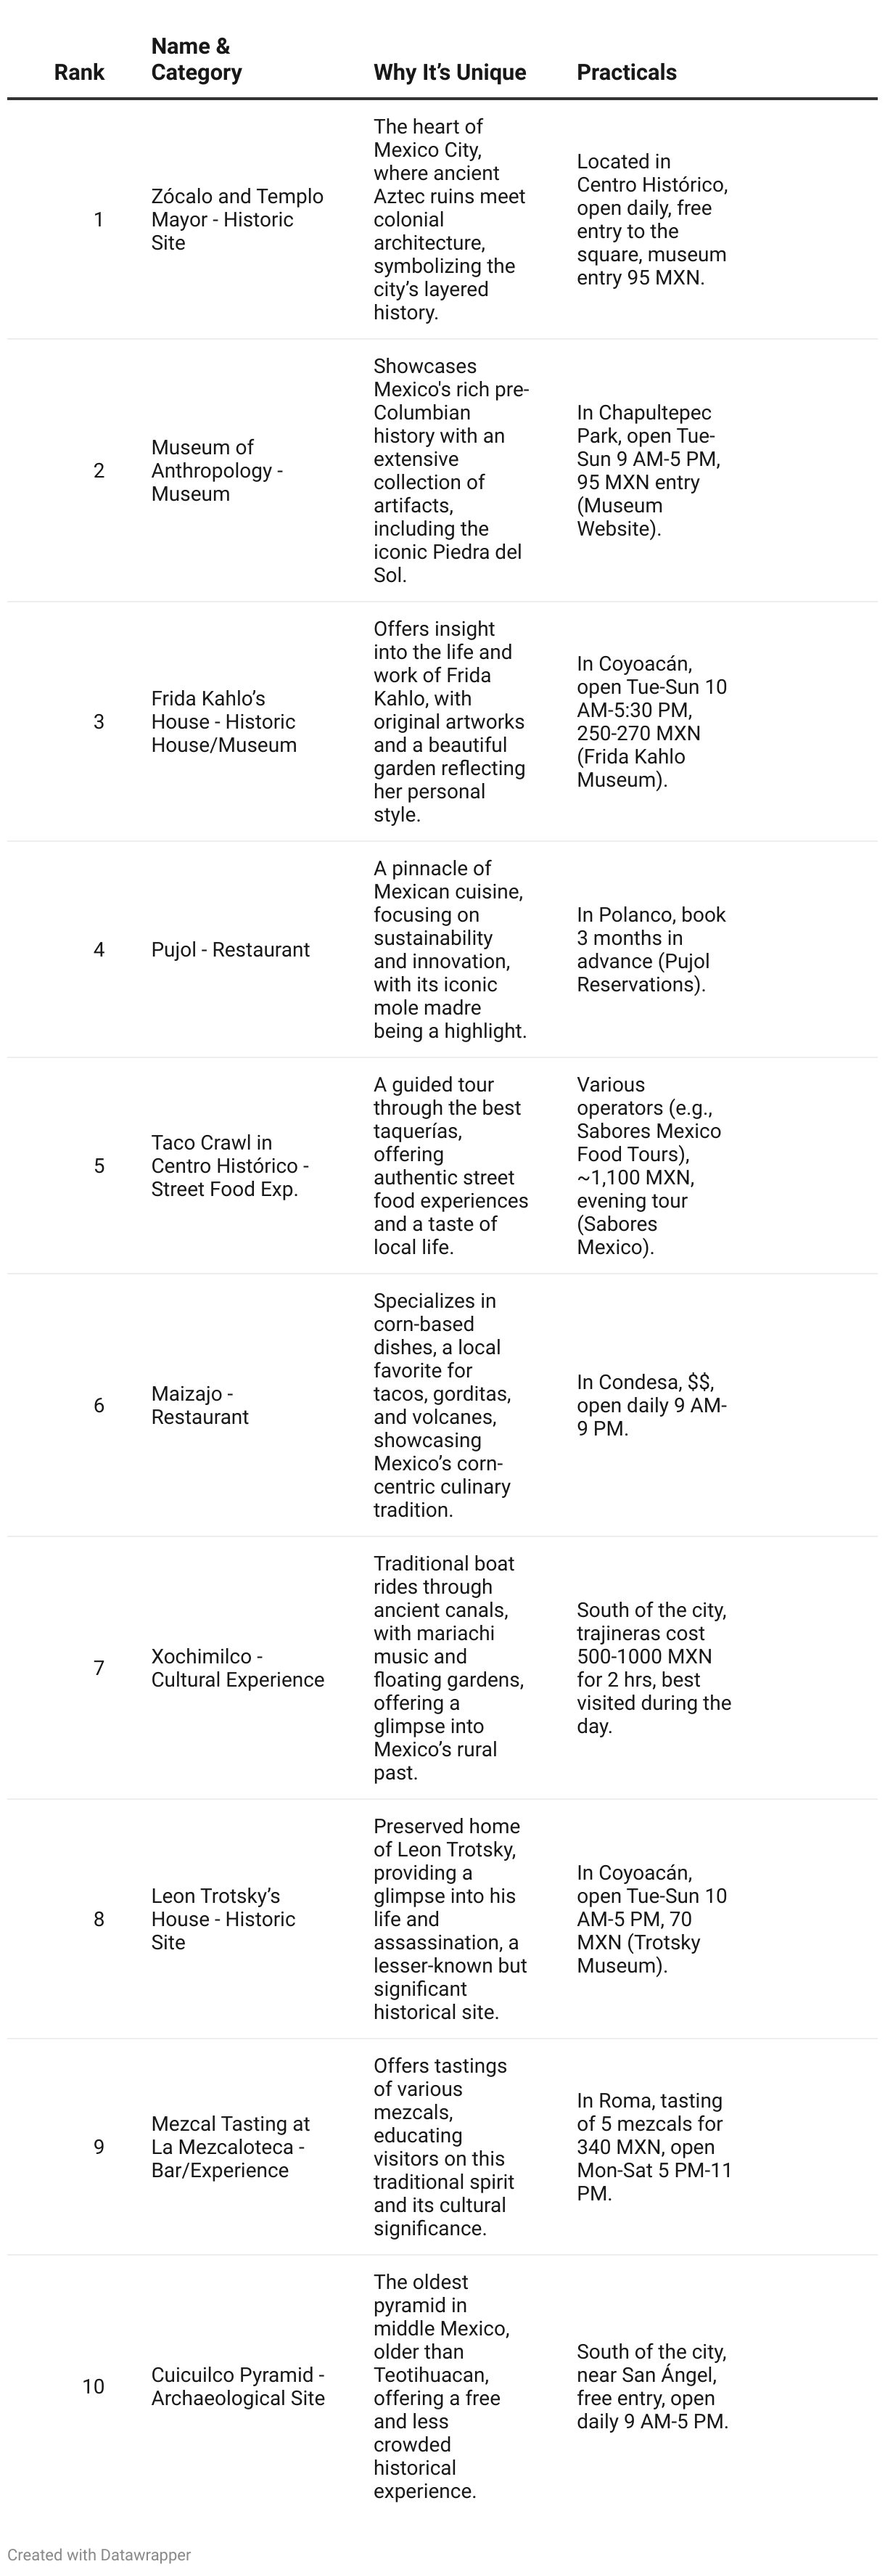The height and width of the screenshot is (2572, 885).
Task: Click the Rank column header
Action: (x=79, y=72)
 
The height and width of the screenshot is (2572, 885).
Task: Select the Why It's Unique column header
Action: (x=449, y=72)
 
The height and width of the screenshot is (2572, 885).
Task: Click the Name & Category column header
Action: (x=196, y=59)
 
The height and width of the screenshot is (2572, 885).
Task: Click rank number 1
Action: (x=98, y=220)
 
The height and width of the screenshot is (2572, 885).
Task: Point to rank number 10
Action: (x=93, y=2386)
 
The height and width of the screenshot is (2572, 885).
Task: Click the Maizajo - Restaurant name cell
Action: (x=199, y=1405)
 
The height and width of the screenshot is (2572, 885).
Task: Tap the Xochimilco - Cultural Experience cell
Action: (x=237, y=1668)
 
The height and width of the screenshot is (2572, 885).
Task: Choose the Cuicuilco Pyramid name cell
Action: (x=237, y=2386)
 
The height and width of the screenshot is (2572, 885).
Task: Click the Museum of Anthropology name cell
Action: (x=216, y=470)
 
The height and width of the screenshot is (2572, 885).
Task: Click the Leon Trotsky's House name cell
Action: (x=223, y=1919)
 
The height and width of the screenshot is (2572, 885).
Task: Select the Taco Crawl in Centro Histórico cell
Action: (x=229, y=1166)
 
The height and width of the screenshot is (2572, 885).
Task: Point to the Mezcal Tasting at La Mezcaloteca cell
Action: (x=229, y=2147)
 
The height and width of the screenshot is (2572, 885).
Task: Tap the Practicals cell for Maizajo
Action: (x=651, y=1405)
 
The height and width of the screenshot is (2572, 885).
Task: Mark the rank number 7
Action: (x=98, y=1668)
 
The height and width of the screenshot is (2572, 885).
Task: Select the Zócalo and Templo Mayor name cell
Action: (x=236, y=220)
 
